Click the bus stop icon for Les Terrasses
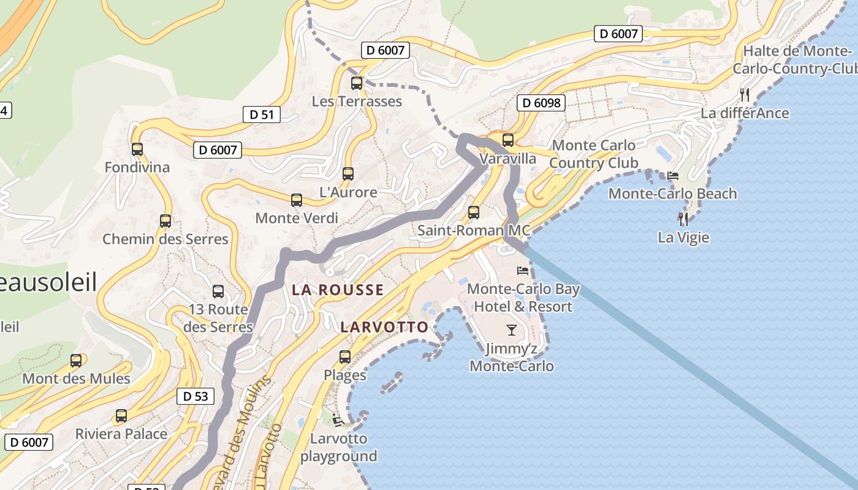pyautogui.click(x=356, y=83)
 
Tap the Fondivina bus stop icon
pyautogui.click(x=137, y=149)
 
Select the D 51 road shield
pyautogui.click(x=262, y=114)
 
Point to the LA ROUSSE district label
pyautogui.click(x=338, y=290)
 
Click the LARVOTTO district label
pyautogui.click(x=384, y=327)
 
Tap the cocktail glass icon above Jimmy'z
pyautogui.click(x=512, y=331)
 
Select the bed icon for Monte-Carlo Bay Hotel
pyautogui.click(x=523, y=270)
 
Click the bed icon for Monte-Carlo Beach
pyautogui.click(x=673, y=175)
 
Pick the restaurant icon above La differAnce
pyautogui.click(x=745, y=94)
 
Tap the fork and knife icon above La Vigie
pyautogui.click(x=683, y=219)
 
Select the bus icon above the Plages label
pyautogui.click(x=345, y=356)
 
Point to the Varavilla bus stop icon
pyautogui.click(x=507, y=140)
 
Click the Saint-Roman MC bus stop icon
pyautogui.click(x=474, y=213)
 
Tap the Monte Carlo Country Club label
pyautogui.click(x=593, y=154)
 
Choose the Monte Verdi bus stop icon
pyautogui.click(x=297, y=200)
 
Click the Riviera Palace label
pyautogui.click(x=121, y=434)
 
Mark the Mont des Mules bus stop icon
pyautogui.click(x=76, y=361)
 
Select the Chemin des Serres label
pyautogui.click(x=165, y=239)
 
